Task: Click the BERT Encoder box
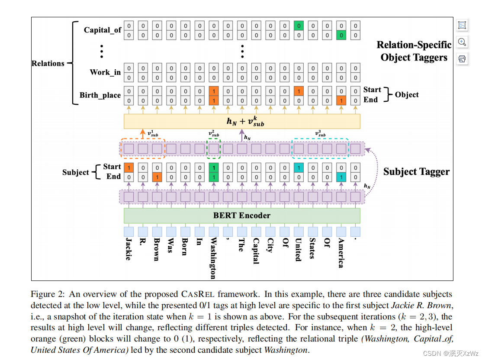(242, 216)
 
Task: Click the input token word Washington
(213, 258)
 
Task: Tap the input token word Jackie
(128, 249)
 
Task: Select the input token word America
(341, 253)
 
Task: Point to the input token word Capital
(256, 251)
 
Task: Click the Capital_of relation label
(103, 30)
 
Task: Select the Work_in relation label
(105, 72)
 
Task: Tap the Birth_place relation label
(100, 95)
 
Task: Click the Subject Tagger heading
(416, 172)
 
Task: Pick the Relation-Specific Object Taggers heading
(414, 51)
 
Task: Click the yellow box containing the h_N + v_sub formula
(242, 121)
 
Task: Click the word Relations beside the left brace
(48, 63)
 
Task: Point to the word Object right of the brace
(407, 94)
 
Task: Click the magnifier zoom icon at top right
(462, 42)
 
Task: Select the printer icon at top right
(462, 58)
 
